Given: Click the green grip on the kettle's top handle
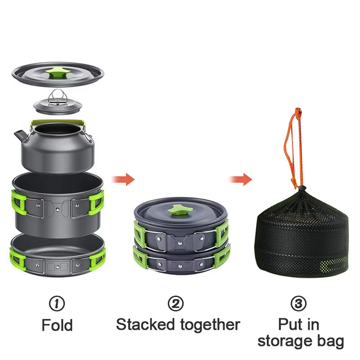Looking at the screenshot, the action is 58,122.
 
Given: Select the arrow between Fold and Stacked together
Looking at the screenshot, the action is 123,179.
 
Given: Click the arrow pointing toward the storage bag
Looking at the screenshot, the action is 241,179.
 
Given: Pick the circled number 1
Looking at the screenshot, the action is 57,303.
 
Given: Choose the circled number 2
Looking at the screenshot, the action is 175,303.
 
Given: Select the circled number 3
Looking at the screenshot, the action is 298,303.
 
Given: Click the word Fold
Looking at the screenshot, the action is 57,325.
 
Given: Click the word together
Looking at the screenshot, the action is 210,326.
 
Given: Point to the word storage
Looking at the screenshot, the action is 285,342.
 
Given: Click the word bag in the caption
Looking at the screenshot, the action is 330,342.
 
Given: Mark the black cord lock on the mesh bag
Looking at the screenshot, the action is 302,189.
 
